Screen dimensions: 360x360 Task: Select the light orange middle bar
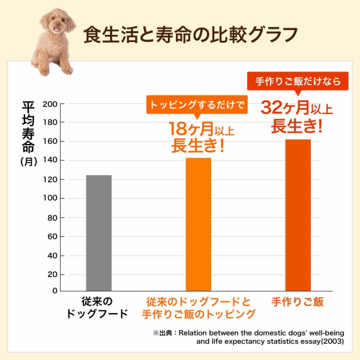tap(198, 224)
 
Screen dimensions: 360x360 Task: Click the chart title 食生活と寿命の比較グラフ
tap(190, 34)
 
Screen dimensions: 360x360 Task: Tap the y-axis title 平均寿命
tap(28, 127)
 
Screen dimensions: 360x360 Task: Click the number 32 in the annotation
tap(272, 108)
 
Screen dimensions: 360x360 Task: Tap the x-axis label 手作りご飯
tap(298, 302)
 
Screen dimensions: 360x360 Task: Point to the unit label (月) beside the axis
tap(28, 161)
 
